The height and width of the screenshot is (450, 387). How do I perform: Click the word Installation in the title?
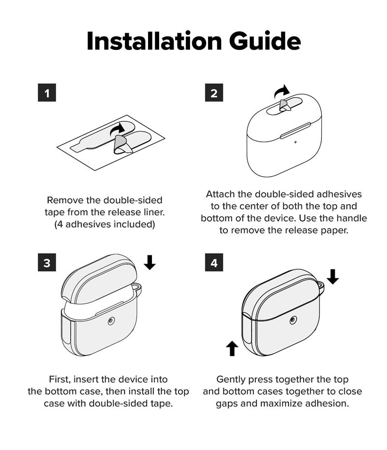pos(154,41)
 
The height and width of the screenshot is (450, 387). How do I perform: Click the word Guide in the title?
pos(265,41)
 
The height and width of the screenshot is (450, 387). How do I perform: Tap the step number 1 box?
pos(47,93)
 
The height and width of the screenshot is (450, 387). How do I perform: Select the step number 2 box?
pos(214,93)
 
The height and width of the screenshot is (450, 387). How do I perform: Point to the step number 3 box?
pos(47,262)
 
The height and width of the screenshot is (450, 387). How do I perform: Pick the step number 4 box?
pos(214,262)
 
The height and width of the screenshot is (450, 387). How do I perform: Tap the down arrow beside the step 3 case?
pos(149,262)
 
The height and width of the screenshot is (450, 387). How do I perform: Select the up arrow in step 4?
pos(232,348)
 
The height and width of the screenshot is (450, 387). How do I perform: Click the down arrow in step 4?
pos(333,277)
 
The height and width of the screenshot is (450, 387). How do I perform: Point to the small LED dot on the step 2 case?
pos(296,142)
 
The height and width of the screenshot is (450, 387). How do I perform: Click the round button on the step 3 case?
pos(111,321)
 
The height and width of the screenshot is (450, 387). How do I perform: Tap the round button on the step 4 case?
pos(293,320)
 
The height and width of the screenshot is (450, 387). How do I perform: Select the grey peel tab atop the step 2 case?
pos(285,105)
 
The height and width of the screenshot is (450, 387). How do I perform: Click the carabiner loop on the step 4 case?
pos(321,288)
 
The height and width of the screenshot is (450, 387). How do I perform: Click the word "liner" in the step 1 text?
pos(154,212)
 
